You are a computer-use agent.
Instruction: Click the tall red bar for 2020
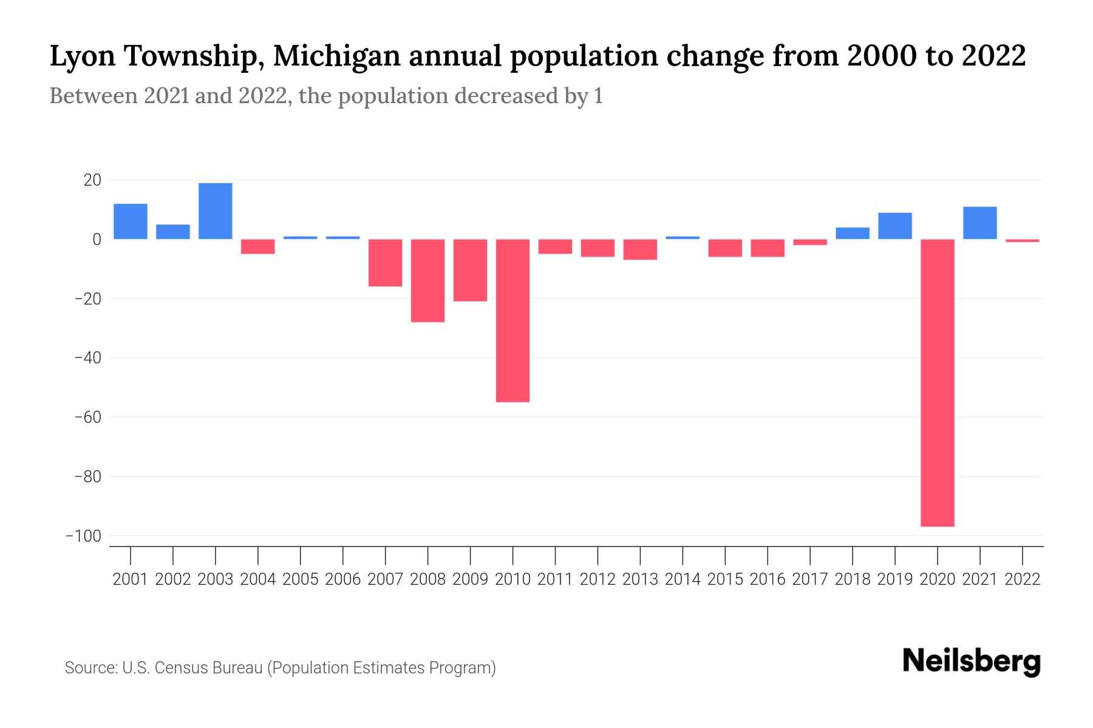click(x=938, y=382)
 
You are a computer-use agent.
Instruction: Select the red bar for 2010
click(x=512, y=320)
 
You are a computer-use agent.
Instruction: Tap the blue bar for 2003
click(x=216, y=211)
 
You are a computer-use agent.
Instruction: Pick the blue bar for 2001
click(x=131, y=221)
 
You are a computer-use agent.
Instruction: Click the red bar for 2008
click(x=427, y=280)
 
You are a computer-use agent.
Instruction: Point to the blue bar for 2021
click(x=980, y=223)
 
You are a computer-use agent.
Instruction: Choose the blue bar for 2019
click(x=895, y=226)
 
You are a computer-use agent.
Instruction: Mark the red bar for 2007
click(x=385, y=263)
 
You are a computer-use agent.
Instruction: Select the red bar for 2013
click(x=640, y=249)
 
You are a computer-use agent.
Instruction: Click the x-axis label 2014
click(x=683, y=579)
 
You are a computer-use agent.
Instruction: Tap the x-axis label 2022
click(x=1023, y=579)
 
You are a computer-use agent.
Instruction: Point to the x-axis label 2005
click(x=301, y=579)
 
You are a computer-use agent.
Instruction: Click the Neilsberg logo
click(x=971, y=662)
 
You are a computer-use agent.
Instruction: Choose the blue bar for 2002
click(x=173, y=232)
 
